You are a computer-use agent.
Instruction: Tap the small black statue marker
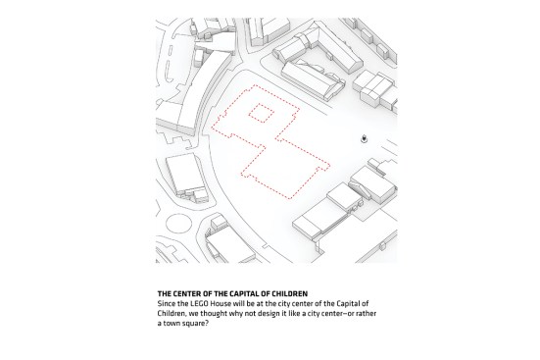point(364,139)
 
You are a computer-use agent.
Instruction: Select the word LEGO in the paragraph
point(199,304)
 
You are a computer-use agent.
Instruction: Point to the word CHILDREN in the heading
point(290,294)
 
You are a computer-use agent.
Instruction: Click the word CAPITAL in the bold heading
point(245,294)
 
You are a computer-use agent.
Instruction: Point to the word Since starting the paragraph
point(166,304)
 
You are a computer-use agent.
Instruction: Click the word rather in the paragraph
point(367,314)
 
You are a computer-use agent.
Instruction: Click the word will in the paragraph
point(237,304)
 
